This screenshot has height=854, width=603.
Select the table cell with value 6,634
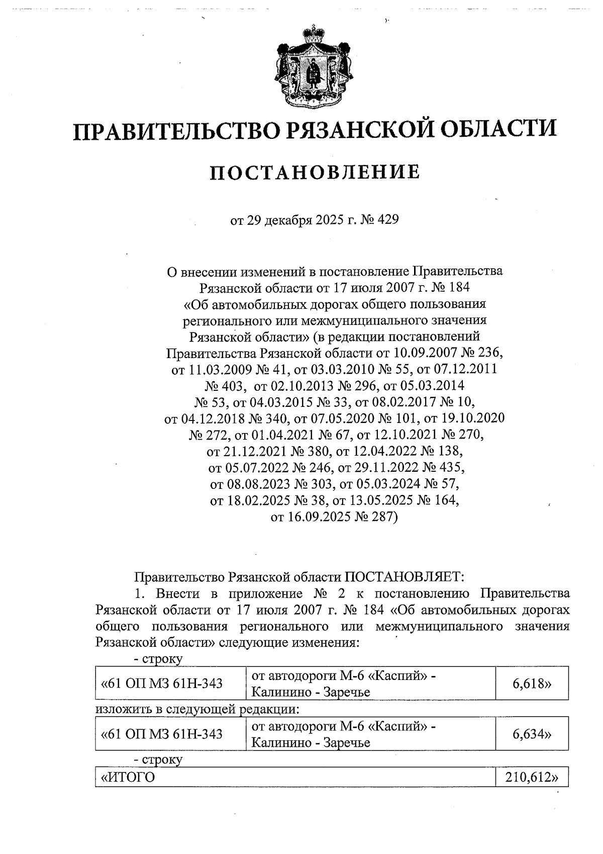532,734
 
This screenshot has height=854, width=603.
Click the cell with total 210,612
532,778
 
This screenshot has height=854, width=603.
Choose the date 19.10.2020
474,418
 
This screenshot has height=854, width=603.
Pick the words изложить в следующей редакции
197,710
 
